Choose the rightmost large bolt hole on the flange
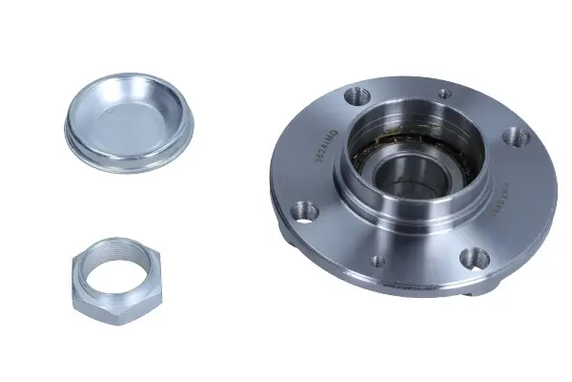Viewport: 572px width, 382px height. click(518, 138)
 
